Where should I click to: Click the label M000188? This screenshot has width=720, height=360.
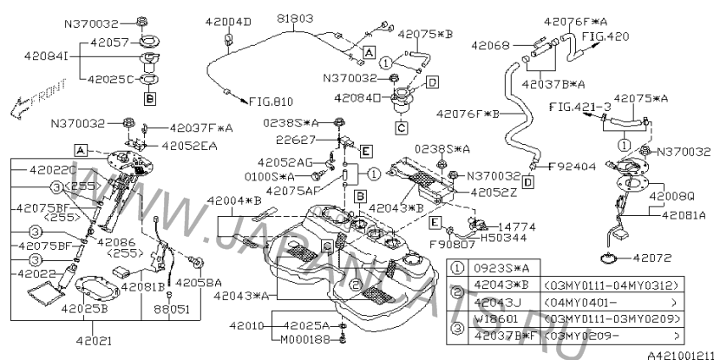click(x=308, y=338)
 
